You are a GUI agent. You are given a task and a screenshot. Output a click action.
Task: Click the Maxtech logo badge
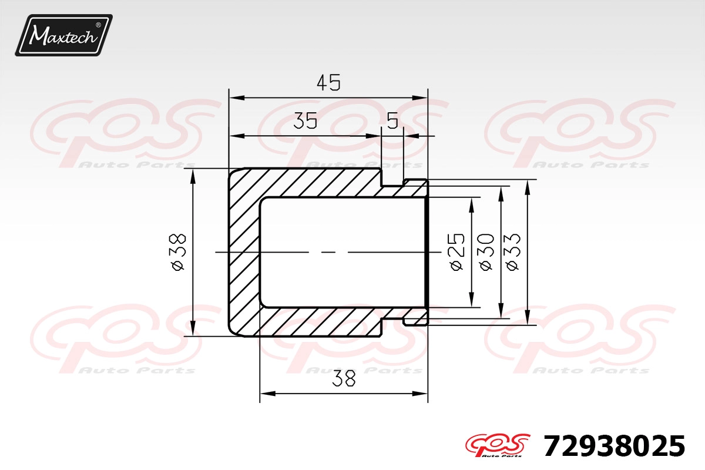64,35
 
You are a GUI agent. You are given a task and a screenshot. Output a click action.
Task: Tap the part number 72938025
614,446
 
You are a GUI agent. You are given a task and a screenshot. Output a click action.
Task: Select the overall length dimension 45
328,83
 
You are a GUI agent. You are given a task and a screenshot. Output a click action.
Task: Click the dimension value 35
305,120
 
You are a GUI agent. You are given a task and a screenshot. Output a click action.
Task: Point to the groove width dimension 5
392,121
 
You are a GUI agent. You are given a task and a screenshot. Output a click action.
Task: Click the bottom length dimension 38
344,378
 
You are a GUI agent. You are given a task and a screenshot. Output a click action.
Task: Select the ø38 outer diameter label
178,252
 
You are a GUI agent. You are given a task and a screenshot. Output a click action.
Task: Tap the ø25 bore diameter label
456,252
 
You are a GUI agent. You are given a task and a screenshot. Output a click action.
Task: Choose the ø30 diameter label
486,252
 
